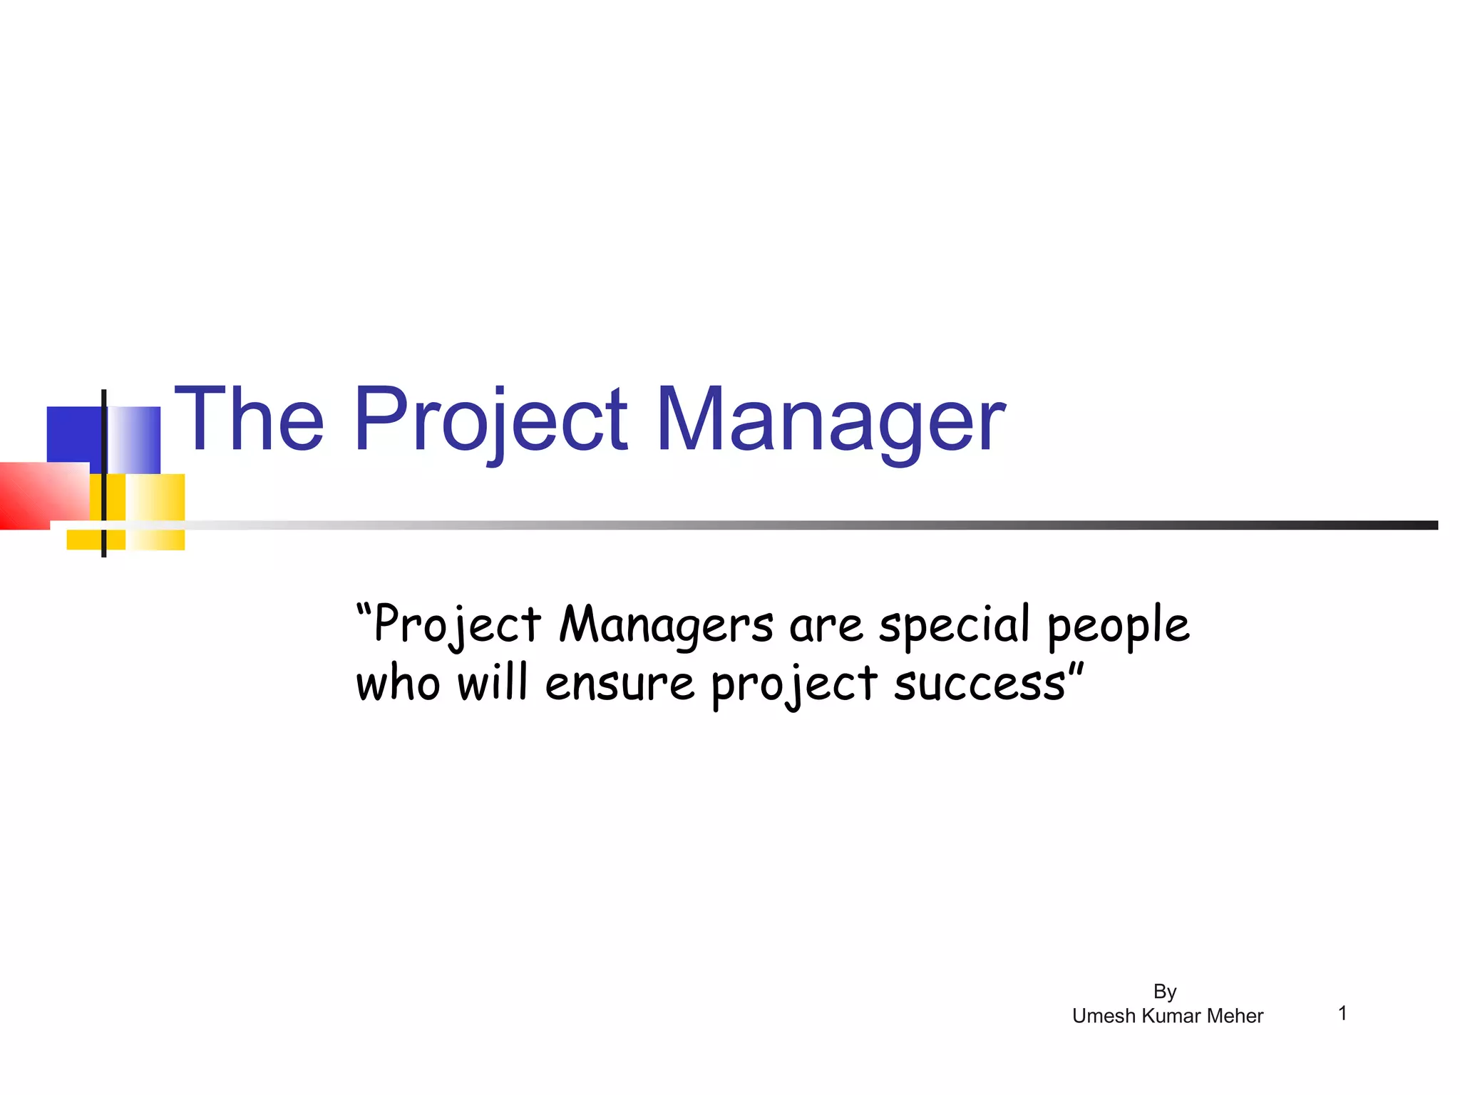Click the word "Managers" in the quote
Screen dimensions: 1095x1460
pyautogui.click(x=666, y=626)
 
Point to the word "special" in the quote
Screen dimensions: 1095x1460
pyautogui.click(x=954, y=626)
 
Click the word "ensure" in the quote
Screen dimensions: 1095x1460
pyautogui.click(x=620, y=684)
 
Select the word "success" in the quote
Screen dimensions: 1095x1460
pyautogui.click(x=980, y=684)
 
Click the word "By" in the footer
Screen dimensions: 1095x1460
pyautogui.click(x=1165, y=992)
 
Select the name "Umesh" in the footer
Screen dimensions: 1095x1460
pyautogui.click(x=1104, y=1016)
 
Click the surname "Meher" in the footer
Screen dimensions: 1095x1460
pyautogui.click(x=1234, y=1016)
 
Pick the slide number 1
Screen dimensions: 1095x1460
pyautogui.click(x=1342, y=1013)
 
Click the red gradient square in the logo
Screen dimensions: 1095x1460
pyautogui.click(x=39, y=495)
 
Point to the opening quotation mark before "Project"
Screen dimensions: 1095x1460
pyautogui.click(x=364, y=612)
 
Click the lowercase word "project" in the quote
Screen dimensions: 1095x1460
pyautogui.click(x=794, y=686)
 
